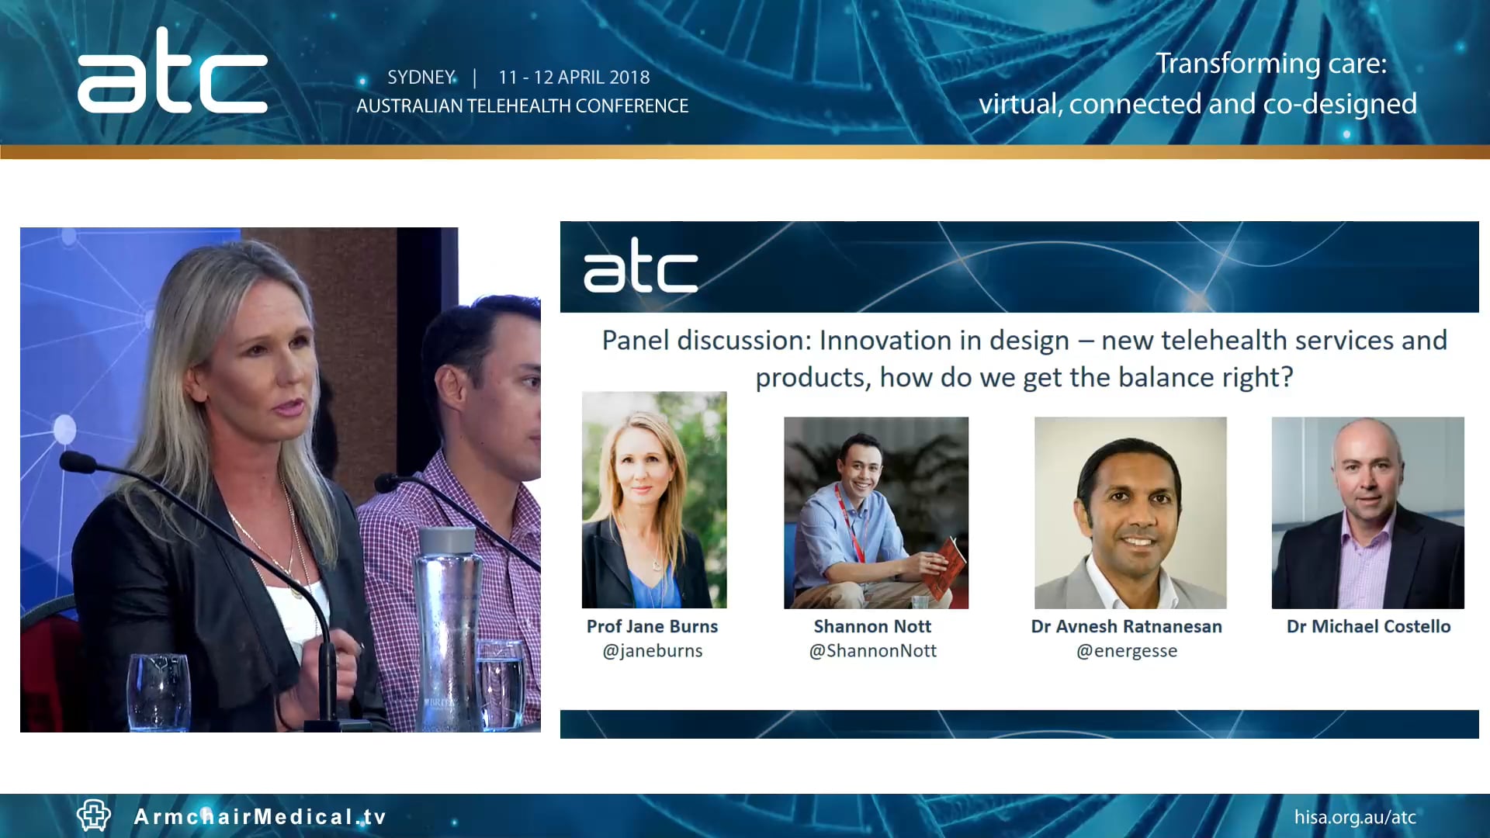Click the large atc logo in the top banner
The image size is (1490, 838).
point(172,74)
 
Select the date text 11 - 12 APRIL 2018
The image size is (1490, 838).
point(573,78)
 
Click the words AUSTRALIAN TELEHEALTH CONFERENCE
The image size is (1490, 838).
point(522,106)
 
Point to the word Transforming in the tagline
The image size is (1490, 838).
point(1237,64)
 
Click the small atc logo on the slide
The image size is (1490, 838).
point(640,267)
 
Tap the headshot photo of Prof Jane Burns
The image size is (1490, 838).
point(654,500)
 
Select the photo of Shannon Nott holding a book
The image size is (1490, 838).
point(875,513)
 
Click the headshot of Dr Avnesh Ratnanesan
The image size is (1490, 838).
point(1130,513)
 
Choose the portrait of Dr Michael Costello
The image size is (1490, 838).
point(1367,513)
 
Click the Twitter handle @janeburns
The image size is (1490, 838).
point(653,651)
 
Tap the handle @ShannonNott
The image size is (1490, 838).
point(872,651)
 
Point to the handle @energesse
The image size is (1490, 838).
point(1126,651)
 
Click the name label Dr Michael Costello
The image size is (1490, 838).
point(1368,626)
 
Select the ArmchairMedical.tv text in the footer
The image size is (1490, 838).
point(260,817)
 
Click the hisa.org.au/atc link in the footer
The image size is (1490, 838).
point(1355,817)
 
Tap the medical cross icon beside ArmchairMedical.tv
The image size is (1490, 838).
point(94,815)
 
